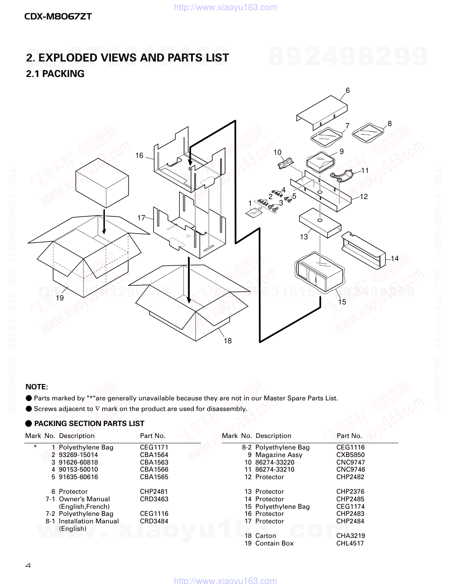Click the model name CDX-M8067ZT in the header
(58, 17)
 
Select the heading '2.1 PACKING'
(55, 74)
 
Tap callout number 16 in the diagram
(139, 155)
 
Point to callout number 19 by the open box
(60, 298)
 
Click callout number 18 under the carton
(228, 341)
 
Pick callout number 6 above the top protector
(348, 90)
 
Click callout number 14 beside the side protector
(394, 258)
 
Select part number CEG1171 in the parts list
(154, 447)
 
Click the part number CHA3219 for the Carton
(351, 536)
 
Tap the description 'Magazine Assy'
(279, 455)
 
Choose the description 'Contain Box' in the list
(274, 543)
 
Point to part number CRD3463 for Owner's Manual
(154, 499)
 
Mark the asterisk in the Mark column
(35, 447)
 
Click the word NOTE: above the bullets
(37, 387)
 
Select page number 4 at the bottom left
(28, 565)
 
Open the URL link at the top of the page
(225, 7)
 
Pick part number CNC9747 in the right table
(351, 462)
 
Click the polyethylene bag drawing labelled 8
(370, 132)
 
